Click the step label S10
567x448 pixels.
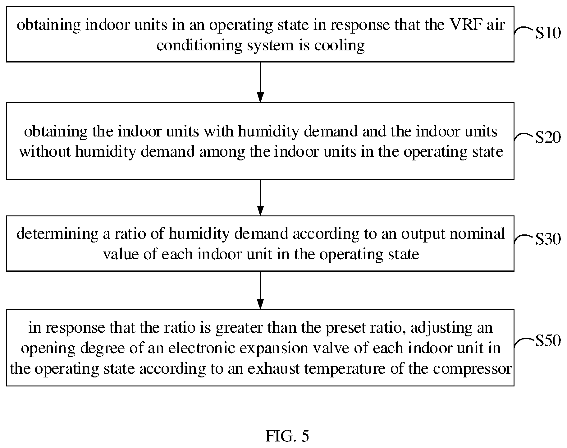tap(548, 33)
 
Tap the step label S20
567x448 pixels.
tap(548, 137)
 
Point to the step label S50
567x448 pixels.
tap(548, 341)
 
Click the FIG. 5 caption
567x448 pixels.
tap(287, 436)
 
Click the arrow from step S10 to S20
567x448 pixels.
tap(260, 82)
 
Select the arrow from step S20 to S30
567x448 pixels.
tap(260, 197)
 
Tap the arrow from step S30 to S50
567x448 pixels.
tap(260, 290)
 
